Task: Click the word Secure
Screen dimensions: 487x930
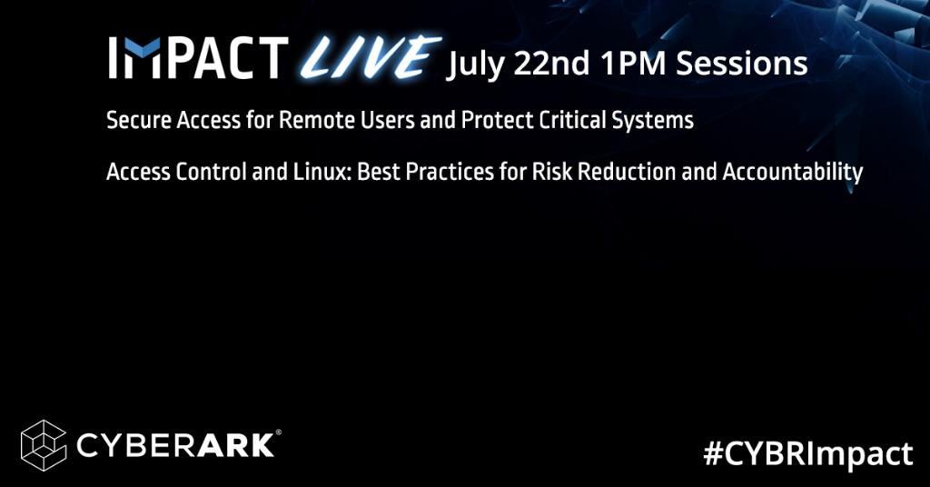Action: [x=135, y=121]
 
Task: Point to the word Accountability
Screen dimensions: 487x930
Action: [x=791, y=173]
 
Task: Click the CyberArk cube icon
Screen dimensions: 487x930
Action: [x=44, y=444]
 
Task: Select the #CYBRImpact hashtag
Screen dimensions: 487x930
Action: [x=807, y=452]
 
